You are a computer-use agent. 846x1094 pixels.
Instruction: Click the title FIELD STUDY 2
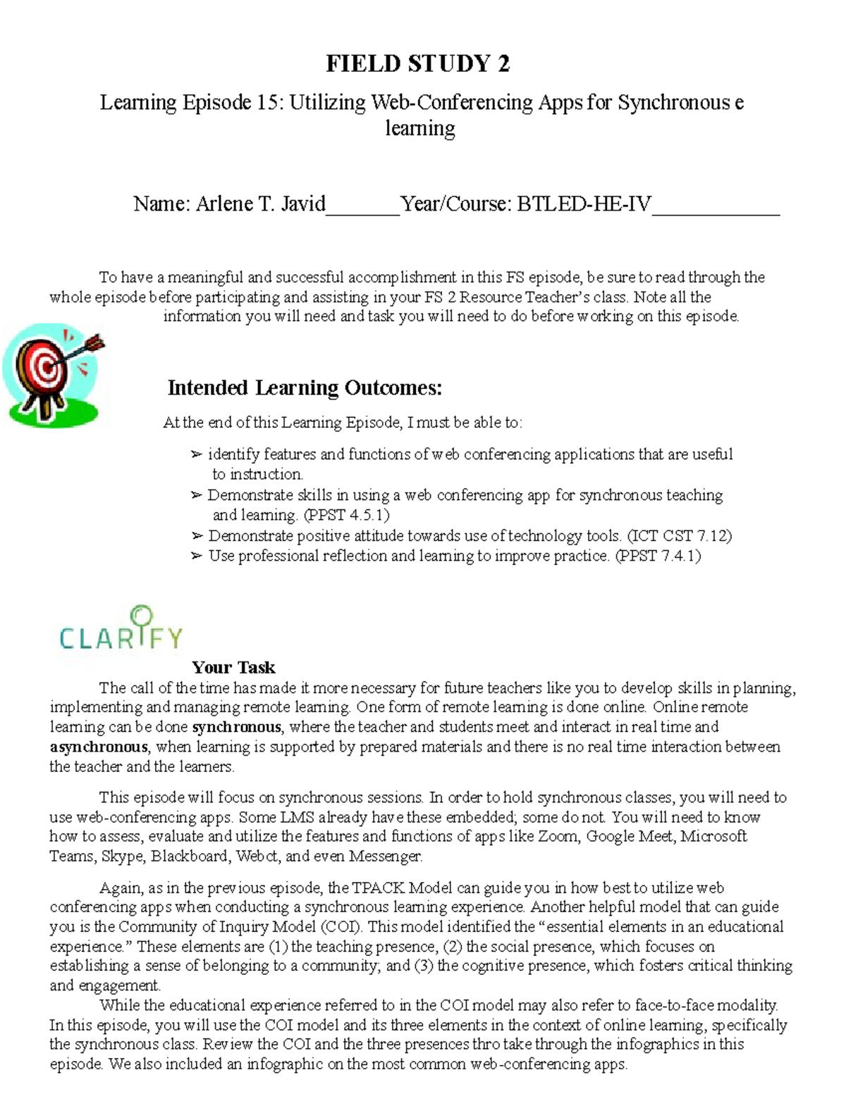click(417, 64)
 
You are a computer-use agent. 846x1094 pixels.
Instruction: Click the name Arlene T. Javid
click(260, 204)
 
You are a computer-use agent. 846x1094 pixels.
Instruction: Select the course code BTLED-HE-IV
click(584, 204)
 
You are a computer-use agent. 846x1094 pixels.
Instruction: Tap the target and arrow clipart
click(54, 373)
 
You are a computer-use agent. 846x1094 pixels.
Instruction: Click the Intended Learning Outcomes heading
click(305, 388)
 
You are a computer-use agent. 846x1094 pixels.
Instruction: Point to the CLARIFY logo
click(121, 629)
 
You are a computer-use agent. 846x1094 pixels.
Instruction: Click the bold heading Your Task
click(233, 667)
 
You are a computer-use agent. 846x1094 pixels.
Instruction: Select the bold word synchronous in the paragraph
click(237, 727)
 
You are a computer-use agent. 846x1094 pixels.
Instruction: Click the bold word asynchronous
click(99, 747)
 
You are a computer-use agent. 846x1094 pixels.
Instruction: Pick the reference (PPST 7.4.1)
click(658, 556)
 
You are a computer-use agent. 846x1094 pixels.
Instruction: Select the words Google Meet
click(630, 837)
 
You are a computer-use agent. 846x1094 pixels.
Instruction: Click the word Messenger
click(386, 857)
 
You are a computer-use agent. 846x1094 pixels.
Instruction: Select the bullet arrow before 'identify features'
click(197, 455)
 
